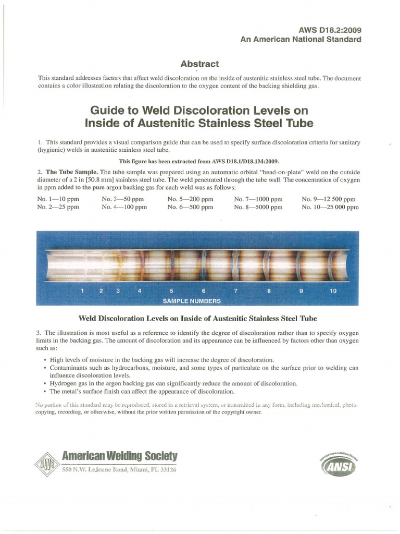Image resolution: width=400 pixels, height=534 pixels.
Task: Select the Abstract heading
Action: pyautogui.click(x=199, y=64)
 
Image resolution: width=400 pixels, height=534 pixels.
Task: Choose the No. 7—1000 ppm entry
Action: pyautogui.click(x=258, y=199)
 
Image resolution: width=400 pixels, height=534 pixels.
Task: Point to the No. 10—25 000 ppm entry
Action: pyautogui.click(x=330, y=207)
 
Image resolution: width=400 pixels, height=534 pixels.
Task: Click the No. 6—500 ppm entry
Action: pyautogui.click(x=190, y=207)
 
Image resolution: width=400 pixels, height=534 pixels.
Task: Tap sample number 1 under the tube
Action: pyautogui.click(x=82, y=291)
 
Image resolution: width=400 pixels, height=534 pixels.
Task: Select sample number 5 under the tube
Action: pyautogui.click(x=171, y=291)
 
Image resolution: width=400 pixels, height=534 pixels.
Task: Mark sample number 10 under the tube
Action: pyautogui.click(x=333, y=291)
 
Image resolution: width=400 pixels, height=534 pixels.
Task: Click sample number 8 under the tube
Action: pyautogui.click(x=269, y=291)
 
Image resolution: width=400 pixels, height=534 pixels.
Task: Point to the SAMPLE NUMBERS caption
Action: pyautogui.click(x=192, y=301)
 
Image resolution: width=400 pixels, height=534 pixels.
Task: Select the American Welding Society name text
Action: pyautogui.click(x=119, y=456)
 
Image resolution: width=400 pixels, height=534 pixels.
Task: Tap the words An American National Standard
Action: pyautogui.click(x=301, y=40)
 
